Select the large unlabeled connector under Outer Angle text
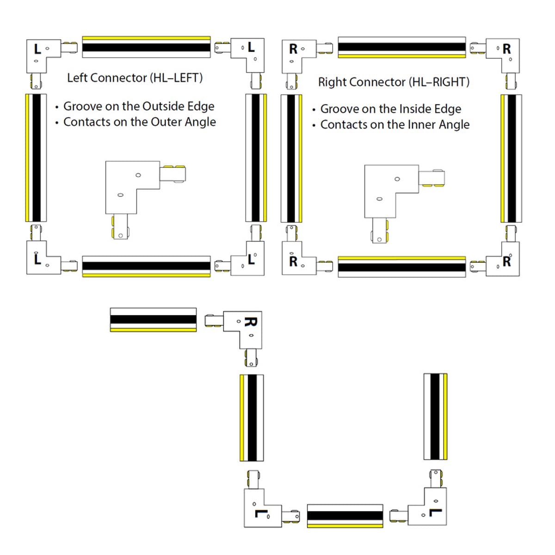tap(139, 194)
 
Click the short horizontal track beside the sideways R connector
tap(153, 320)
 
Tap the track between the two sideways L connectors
tap(345, 516)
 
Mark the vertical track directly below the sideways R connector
tap(252, 418)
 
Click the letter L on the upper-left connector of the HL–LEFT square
tap(37, 49)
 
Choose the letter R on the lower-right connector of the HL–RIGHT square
tap(506, 262)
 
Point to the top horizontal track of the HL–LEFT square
tap(146, 47)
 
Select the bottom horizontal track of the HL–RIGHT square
tap(401, 267)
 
